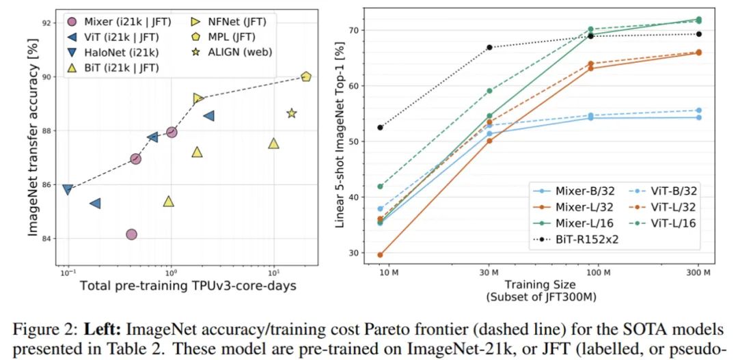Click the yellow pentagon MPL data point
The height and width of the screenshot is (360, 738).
click(305, 77)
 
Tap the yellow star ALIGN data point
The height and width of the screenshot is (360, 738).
click(292, 113)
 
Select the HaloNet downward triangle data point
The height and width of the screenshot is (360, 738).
click(67, 189)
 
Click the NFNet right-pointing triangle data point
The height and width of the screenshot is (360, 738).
click(198, 98)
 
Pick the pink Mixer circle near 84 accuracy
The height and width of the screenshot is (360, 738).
click(131, 234)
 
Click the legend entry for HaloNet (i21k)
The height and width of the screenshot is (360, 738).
click(117, 52)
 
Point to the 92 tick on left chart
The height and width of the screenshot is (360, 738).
click(46, 23)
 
